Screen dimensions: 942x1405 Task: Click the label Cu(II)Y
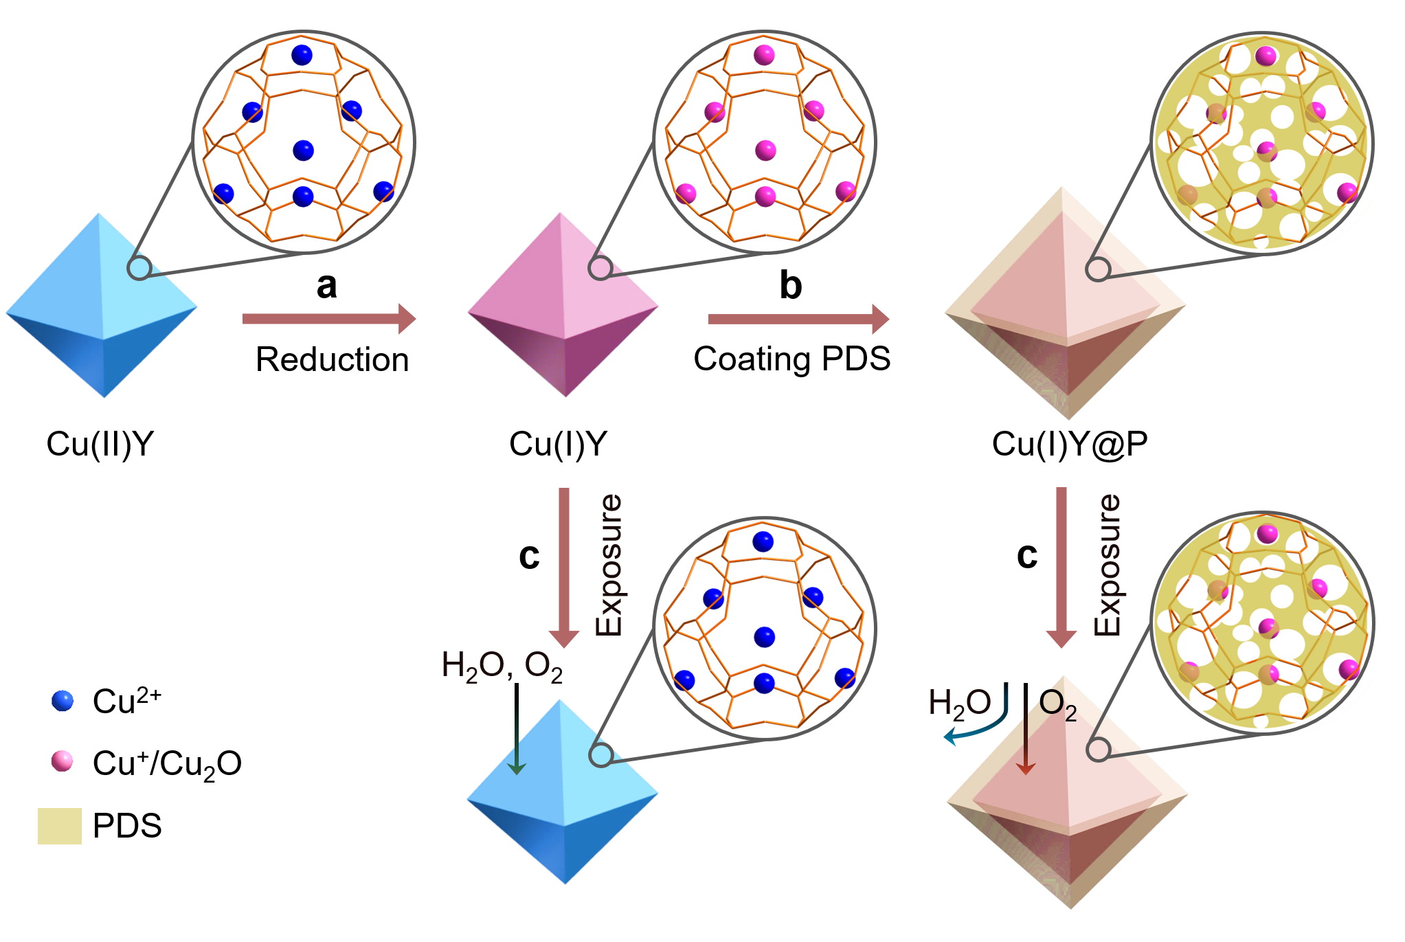point(100,445)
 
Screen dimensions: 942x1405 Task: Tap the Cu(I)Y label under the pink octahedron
point(558,445)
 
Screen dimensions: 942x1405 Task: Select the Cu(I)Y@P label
point(1069,445)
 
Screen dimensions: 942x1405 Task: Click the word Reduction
point(332,359)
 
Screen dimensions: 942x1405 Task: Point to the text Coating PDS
point(791,359)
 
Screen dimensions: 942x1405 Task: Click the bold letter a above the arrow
point(327,286)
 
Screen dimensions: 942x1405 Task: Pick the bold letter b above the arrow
point(790,286)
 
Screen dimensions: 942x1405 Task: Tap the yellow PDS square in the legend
point(59,825)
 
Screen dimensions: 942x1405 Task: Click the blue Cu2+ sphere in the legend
point(63,701)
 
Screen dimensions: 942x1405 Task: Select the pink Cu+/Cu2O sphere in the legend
point(62,761)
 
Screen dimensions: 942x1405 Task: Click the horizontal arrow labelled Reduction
point(328,319)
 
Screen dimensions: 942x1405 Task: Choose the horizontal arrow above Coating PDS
point(798,319)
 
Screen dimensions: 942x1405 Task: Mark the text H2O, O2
point(502,666)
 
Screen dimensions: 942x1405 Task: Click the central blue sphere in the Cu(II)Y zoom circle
point(303,150)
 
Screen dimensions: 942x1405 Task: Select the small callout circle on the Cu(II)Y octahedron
point(139,268)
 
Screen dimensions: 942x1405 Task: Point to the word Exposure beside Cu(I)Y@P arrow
point(1107,565)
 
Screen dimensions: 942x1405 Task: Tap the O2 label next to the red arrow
point(1057,704)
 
